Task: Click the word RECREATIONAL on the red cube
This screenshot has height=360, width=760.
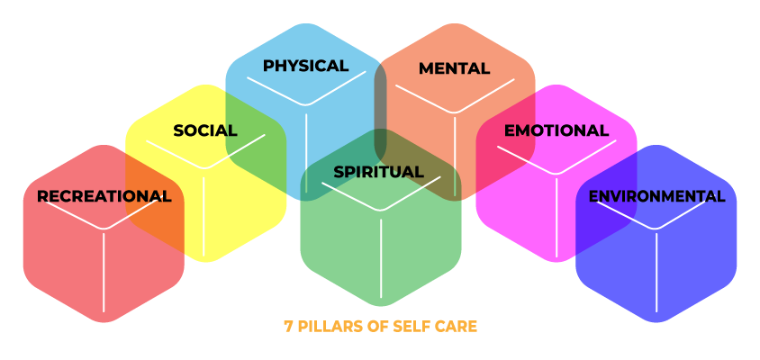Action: [x=104, y=196]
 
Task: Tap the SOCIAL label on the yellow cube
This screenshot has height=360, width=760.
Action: [x=204, y=130]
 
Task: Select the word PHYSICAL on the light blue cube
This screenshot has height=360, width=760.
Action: [x=305, y=66]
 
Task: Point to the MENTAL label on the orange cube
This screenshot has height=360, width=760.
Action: [x=454, y=68]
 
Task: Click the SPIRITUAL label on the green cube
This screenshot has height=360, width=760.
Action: [x=378, y=172]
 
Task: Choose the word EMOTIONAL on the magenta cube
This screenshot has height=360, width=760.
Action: [x=556, y=130]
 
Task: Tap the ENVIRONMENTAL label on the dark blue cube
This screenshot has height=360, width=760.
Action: [x=656, y=196]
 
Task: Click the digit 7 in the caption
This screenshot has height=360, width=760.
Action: [x=288, y=327]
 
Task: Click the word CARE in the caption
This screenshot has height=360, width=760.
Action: [x=457, y=327]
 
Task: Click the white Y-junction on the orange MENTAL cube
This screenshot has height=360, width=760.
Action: [x=454, y=113]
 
